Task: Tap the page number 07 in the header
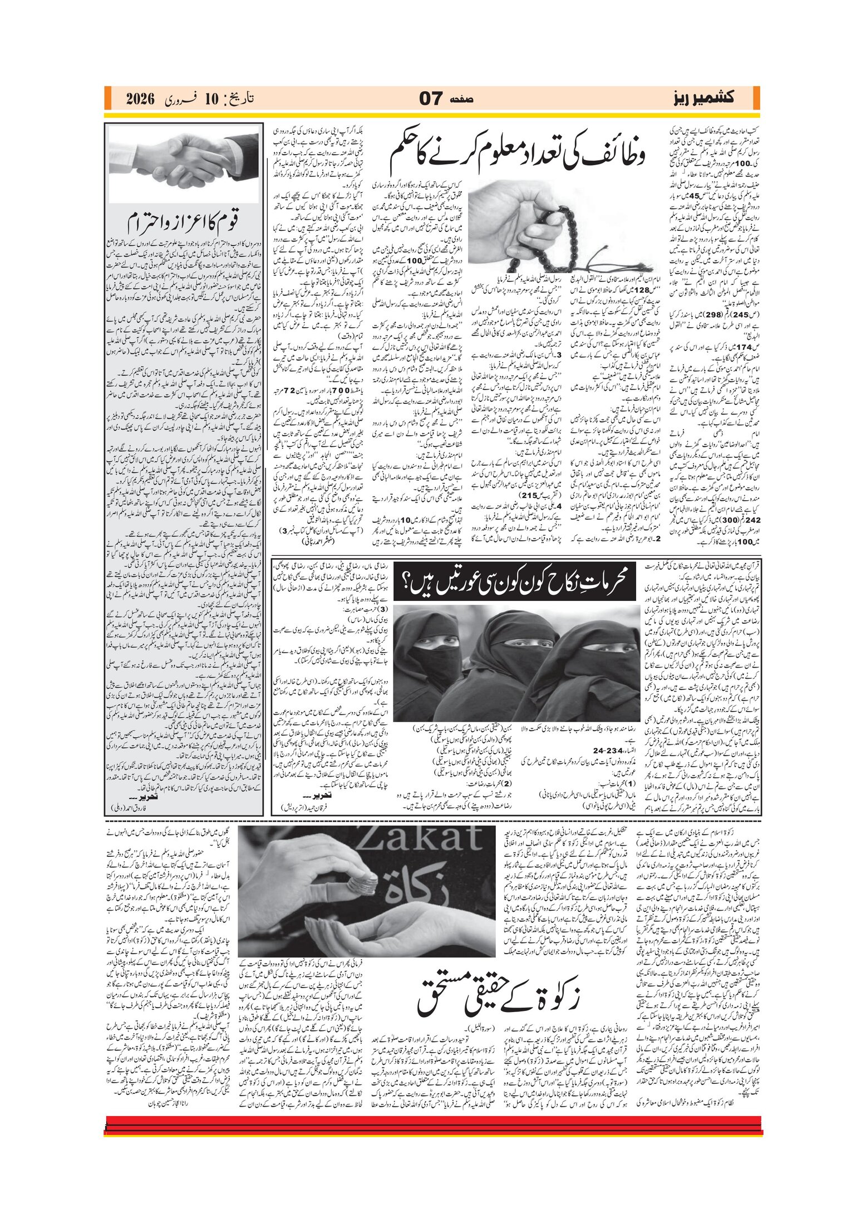point(431,99)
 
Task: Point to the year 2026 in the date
point(141,100)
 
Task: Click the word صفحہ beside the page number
point(462,99)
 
